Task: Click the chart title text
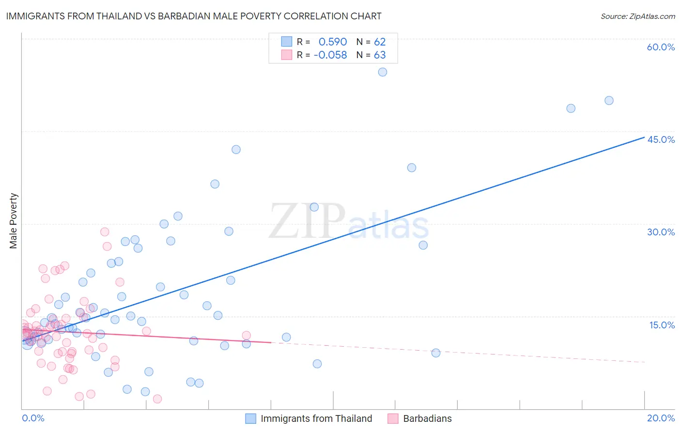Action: click(x=194, y=16)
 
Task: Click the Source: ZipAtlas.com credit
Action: click(x=637, y=16)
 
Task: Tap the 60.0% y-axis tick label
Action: click(x=661, y=47)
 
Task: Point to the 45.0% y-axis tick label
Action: click(x=661, y=139)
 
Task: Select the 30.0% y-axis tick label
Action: click(x=661, y=232)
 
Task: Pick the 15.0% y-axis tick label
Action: click(x=662, y=325)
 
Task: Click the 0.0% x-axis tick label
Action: click(x=33, y=418)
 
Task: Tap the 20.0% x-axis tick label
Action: click(x=661, y=418)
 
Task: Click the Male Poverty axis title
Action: click(x=14, y=221)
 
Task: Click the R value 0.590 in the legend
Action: click(x=333, y=42)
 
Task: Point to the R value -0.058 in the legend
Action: click(x=330, y=55)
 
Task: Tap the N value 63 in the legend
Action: click(x=380, y=55)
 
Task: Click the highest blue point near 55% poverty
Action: click(x=383, y=72)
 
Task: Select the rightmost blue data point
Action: click(x=609, y=101)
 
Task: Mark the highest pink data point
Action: click(x=105, y=232)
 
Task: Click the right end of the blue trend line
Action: click(x=644, y=138)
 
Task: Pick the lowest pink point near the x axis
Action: click(x=157, y=399)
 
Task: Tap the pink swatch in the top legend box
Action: click(x=287, y=55)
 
